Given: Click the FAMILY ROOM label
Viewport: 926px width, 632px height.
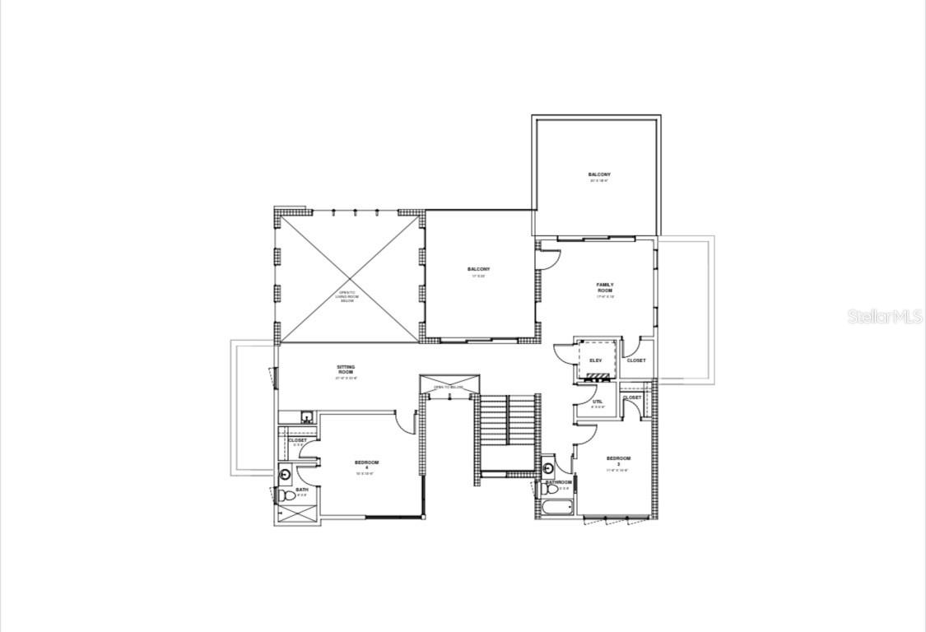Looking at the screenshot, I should click(605, 288).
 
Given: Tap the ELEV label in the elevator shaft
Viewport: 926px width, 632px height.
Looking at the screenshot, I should click(596, 360).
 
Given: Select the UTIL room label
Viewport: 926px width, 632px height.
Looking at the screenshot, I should click(598, 403).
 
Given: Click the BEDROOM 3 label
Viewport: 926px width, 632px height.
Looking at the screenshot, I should click(617, 461).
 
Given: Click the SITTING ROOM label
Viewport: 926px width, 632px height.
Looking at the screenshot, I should click(346, 369).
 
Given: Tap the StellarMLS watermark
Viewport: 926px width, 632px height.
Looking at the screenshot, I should click(885, 316).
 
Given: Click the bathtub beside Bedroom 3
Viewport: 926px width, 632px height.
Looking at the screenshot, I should click(558, 508).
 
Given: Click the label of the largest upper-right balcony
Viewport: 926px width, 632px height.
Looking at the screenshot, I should click(599, 175).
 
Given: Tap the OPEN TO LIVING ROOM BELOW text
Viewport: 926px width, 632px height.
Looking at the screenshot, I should click(347, 295).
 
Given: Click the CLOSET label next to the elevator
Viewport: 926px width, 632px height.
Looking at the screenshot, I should click(636, 360).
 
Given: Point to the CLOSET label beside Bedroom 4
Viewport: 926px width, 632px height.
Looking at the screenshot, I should click(297, 440).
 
